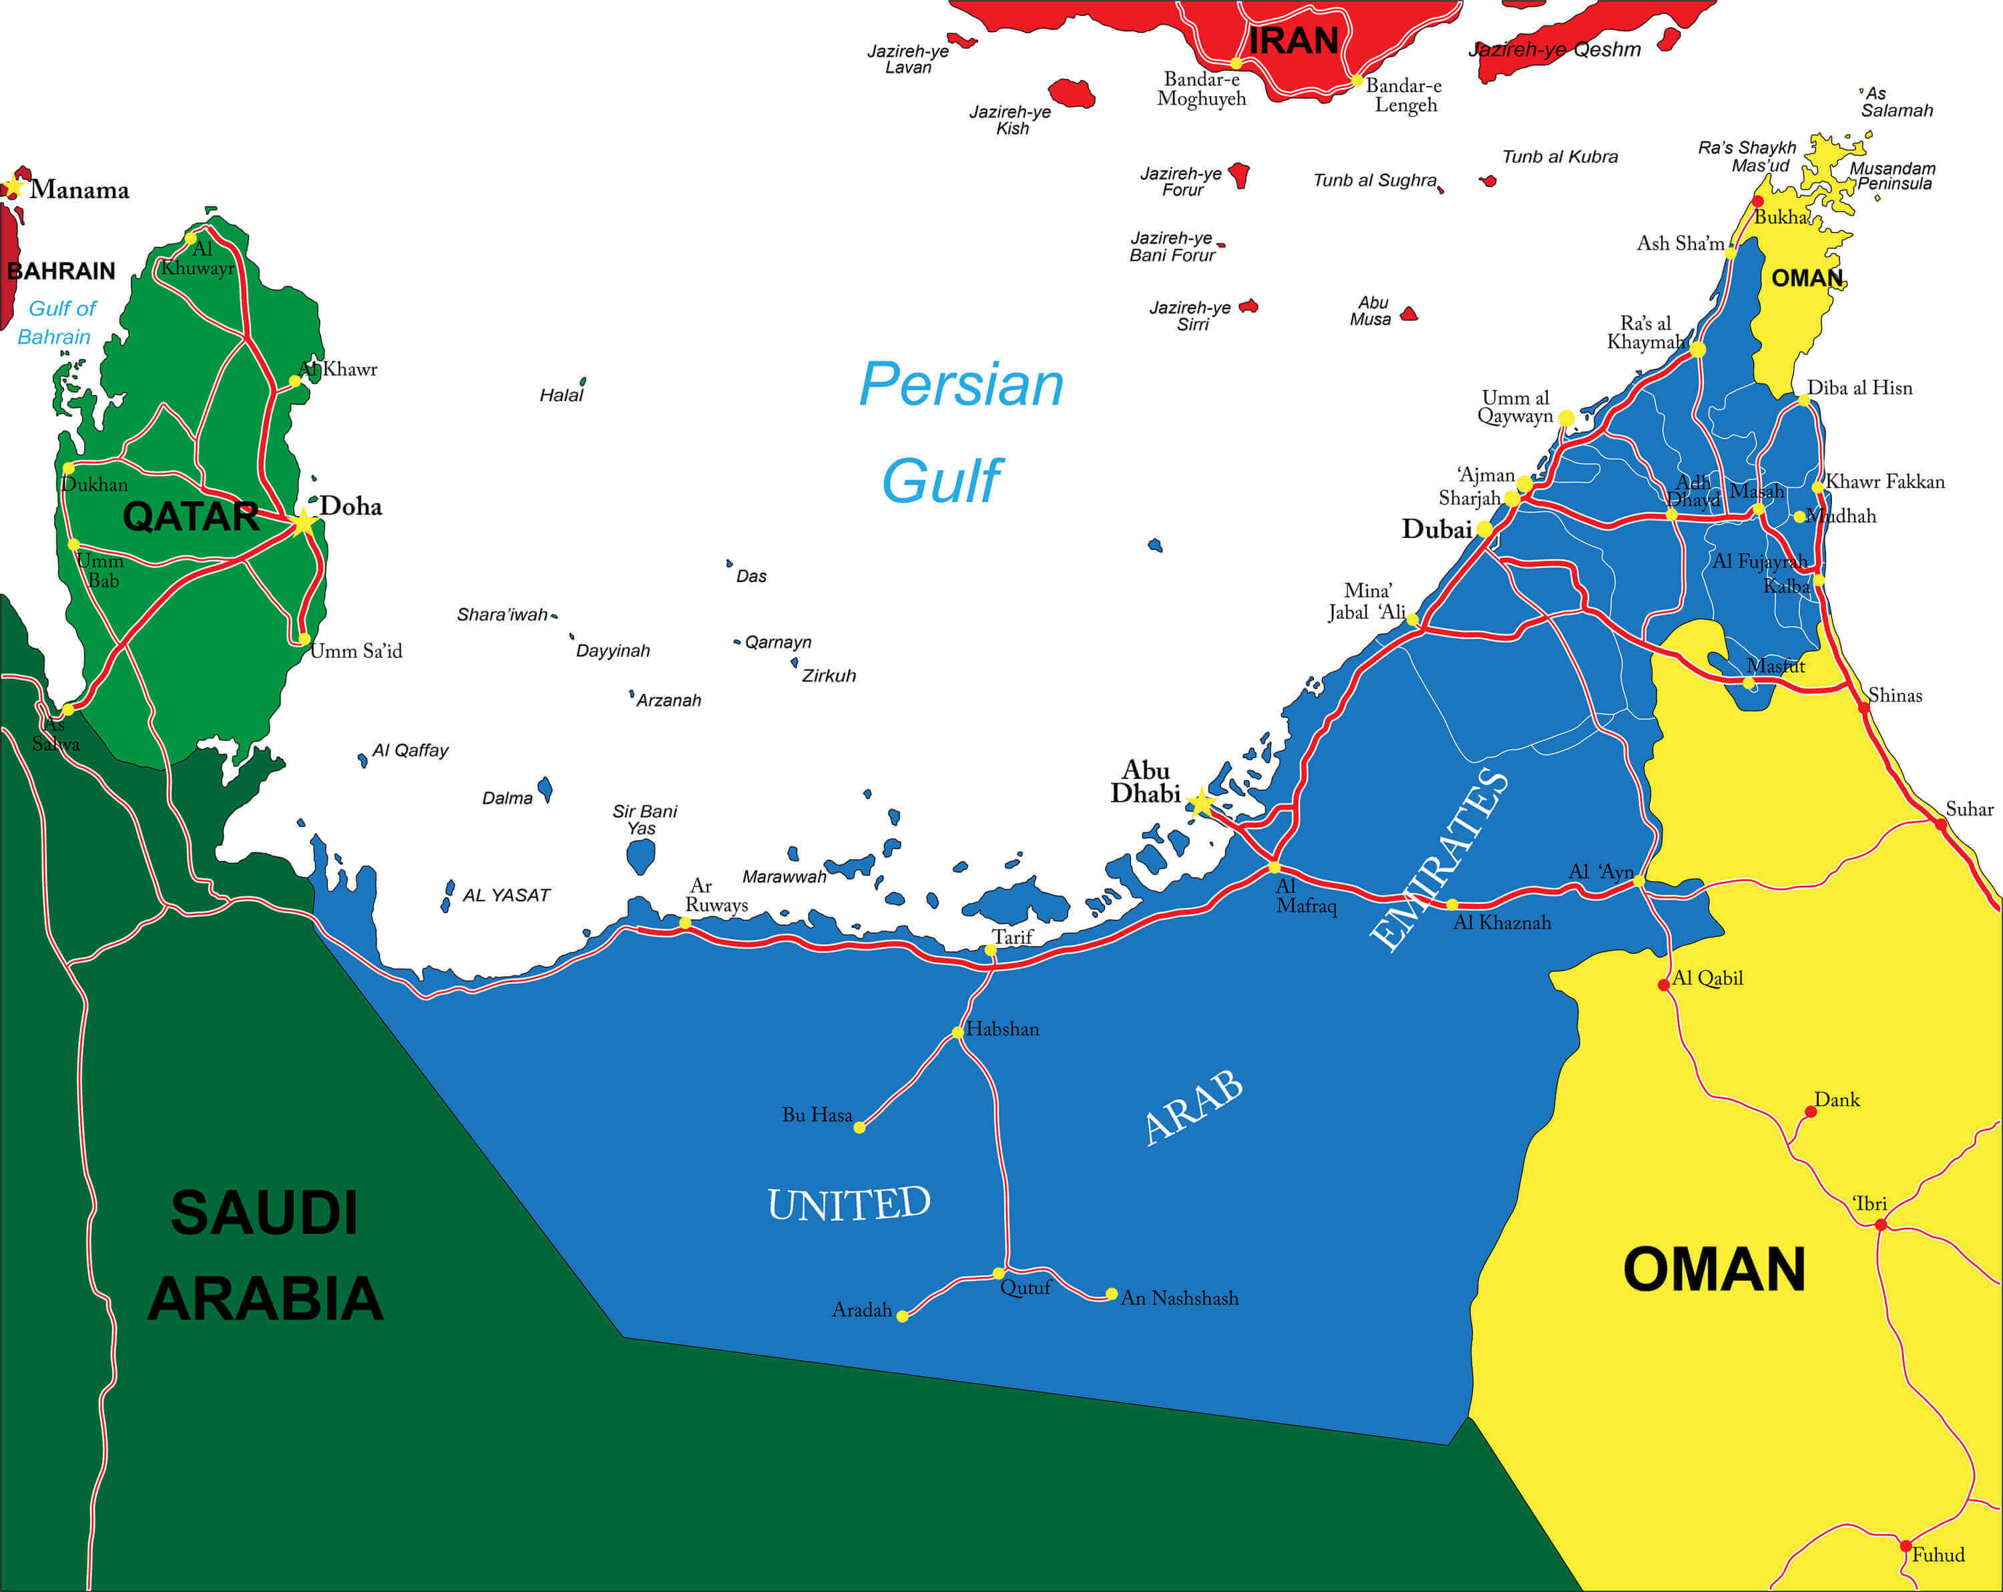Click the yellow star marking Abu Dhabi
[x=1201, y=802]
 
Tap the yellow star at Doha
[x=304, y=522]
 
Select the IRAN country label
[x=1293, y=41]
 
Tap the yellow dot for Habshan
[x=957, y=1032]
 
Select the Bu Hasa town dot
[x=859, y=1127]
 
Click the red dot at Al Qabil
[x=1663, y=985]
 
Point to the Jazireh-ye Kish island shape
[x=1071, y=93]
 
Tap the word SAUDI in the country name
[x=264, y=1212]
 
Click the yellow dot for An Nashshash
[x=1111, y=1294]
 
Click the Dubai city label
[x=1436, y=529]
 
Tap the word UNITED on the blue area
[x=848, y=1204]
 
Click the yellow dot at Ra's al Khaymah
[x=1697, y=349]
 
